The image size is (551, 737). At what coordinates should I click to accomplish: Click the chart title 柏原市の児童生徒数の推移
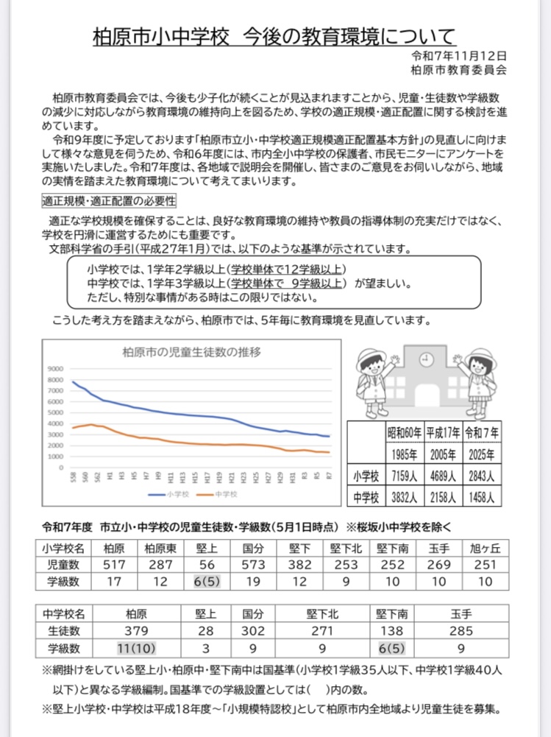click(191, 352)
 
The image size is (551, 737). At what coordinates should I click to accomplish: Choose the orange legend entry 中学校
click(223, 494)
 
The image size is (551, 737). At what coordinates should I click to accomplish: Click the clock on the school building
click(424, 359)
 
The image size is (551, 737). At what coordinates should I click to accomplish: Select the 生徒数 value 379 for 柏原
click(138, 630)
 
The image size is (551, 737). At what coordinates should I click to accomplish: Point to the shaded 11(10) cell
click(138, 649)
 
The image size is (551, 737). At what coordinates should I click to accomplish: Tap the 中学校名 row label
click(64, 613)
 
